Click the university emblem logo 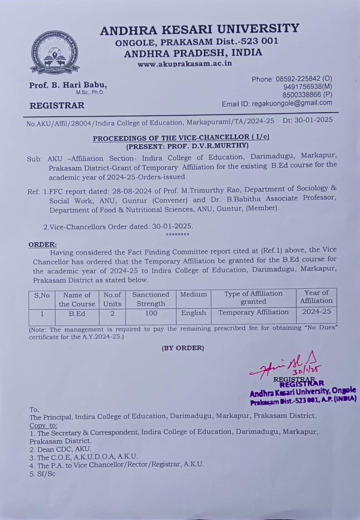(x=55, y=53)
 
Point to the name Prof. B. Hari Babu (x=68, y=85)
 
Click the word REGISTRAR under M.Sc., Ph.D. (x=57, y=106)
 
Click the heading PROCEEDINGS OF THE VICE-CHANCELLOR (x=181, y=138)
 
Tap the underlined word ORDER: (x=43, y=244)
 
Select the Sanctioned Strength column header (x=150, y=299)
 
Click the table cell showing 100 (x=150, y=313)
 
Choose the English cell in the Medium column (x=194, y=313)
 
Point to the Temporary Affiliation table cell (x=253, y=312)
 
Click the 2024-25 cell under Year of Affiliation (x=316, y=311)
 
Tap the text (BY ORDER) (x=183, y=348)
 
